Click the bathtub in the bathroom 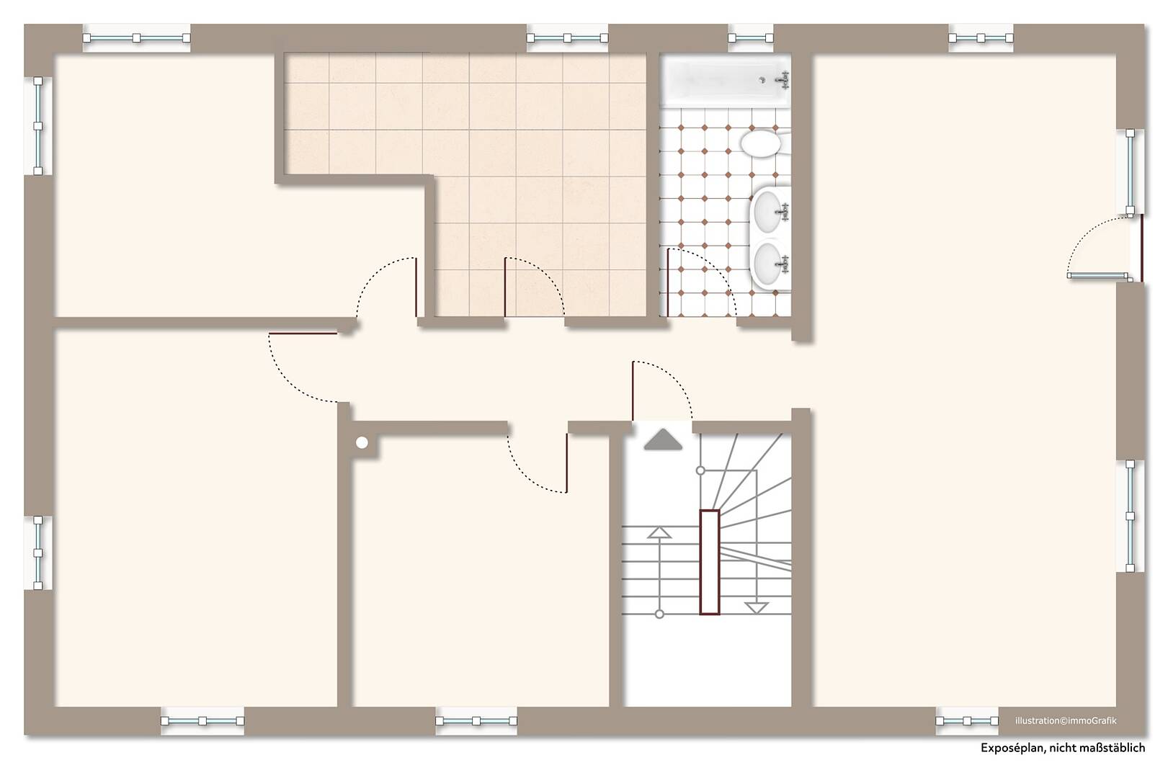[x=726, y=81]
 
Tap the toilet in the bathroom [x=762, y=143]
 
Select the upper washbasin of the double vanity [x=770, y=211]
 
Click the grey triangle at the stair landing [x=663, y=439]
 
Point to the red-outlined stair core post [x=710, y=562]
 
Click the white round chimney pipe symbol [x=362, y=443]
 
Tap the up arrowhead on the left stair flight [x=659, y=532]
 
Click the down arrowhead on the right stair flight [x=757, y=608]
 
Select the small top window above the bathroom [x=750, y=38]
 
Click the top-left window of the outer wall [x=137, y=38]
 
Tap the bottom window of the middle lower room [x=476, y=721]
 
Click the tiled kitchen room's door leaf [x=505, y=287]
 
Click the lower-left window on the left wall [x=38, y=553]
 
